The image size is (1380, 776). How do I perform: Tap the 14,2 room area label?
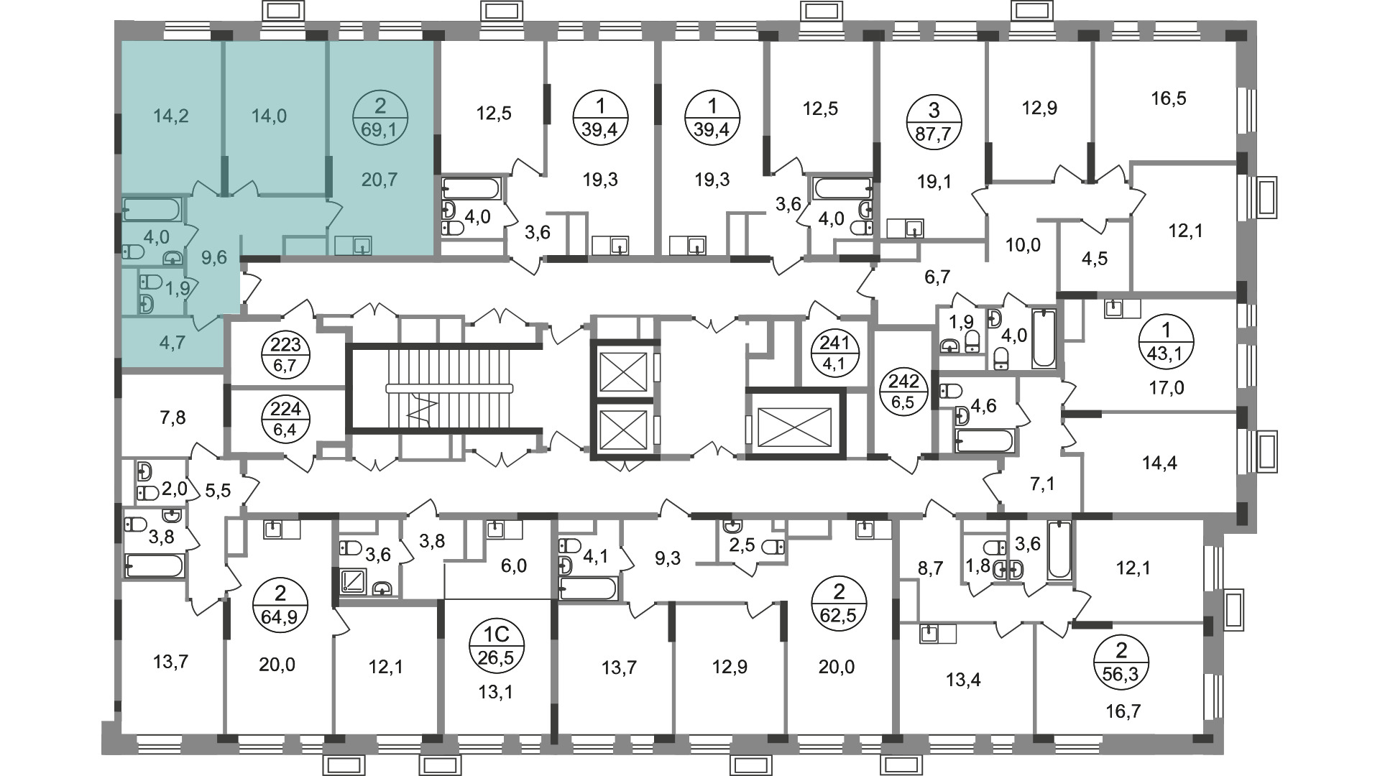pos(171,115)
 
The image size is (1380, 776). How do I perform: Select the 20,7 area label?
pos(379,180)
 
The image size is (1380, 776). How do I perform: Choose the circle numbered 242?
pos(903,392)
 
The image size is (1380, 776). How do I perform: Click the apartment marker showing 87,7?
pos(934,121)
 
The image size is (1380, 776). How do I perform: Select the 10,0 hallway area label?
pos(1023,246)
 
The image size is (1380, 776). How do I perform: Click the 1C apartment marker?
pos(497,645)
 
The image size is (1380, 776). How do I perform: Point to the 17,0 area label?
pos(1167,389)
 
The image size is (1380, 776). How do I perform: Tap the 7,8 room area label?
pos(170,417)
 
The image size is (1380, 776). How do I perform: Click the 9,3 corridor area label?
pos(668,558)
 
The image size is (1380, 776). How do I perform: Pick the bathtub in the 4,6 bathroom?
pos(985,440)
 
